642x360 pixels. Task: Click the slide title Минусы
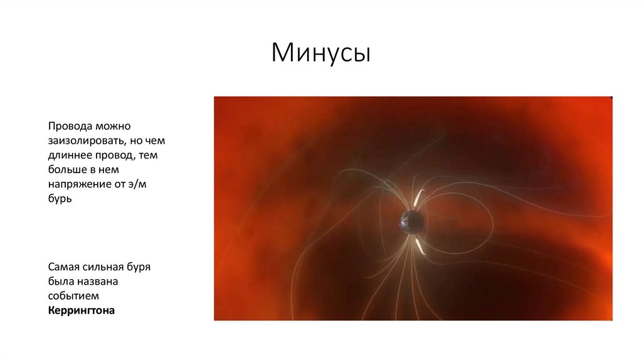coord(321,53)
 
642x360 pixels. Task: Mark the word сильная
coord(106,267)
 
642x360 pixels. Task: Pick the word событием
coord(73,296)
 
